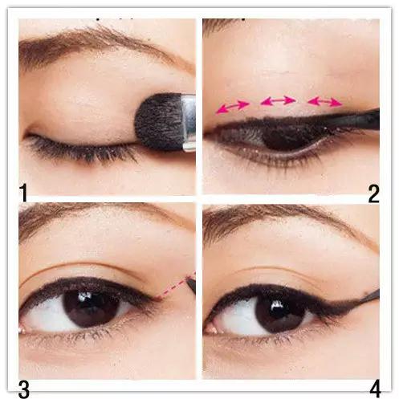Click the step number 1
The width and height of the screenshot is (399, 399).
tap(24, 193)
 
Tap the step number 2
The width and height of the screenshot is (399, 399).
tap(373, 193)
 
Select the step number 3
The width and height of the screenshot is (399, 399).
tap(24, 389)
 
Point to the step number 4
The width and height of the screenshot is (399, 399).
tap(375, 389)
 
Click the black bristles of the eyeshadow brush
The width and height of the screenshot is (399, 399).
tap(158, 122)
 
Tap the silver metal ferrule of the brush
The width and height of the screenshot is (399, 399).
tap(189, 123)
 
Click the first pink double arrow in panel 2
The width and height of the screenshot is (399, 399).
tap(233, 106)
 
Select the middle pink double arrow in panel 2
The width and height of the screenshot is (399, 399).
tap(278, 101)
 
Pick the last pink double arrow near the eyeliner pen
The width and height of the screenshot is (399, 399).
tap(325, 102)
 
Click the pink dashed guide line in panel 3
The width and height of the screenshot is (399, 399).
tap(175, 286)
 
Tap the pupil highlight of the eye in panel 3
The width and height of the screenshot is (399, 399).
tap(85, 296)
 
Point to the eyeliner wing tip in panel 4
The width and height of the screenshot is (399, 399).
tap(365, 296)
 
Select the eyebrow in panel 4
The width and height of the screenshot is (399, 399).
tap(289, 218)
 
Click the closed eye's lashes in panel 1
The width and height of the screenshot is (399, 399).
tap(80, 150)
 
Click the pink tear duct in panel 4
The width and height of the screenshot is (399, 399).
tap(211, 329)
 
